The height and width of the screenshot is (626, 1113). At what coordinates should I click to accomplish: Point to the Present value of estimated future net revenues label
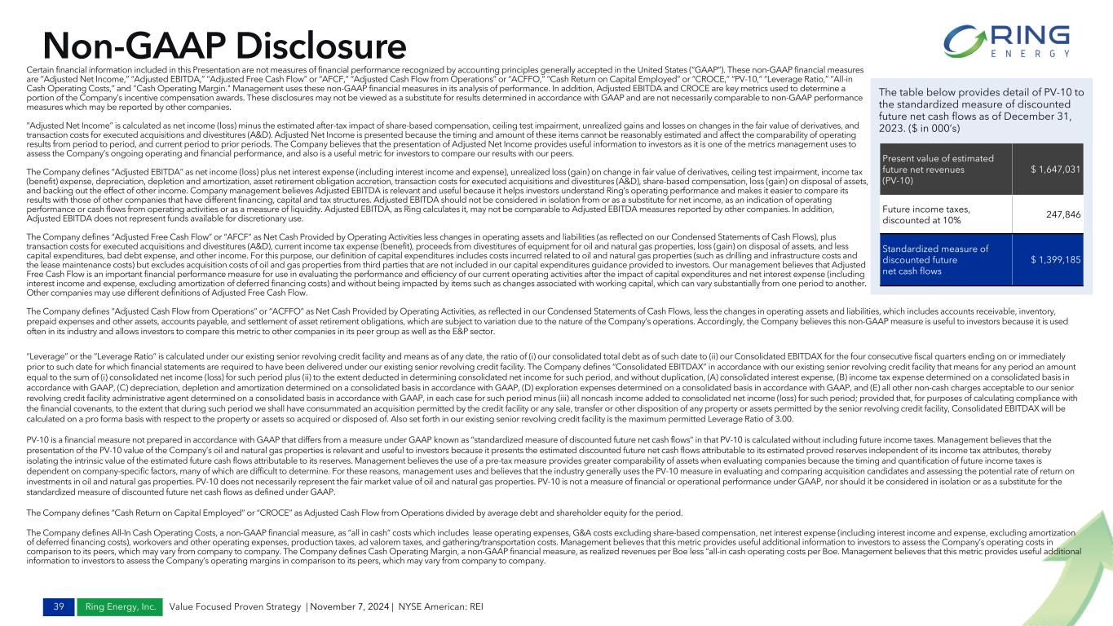point(930,170)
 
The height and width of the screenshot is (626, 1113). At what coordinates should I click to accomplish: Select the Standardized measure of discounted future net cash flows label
point(930,259)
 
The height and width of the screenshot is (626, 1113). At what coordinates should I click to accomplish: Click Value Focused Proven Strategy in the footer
point(235,606)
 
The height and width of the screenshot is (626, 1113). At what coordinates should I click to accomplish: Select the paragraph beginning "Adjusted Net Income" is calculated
point(440,140)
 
